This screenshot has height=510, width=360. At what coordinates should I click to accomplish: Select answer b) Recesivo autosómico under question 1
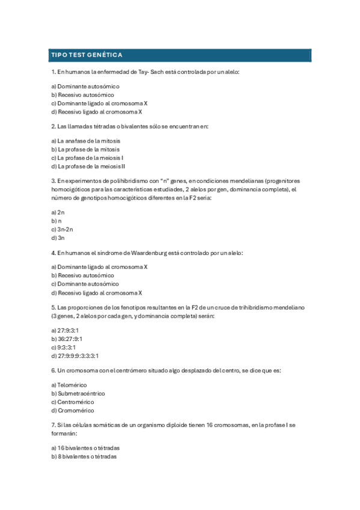tap(82, 95)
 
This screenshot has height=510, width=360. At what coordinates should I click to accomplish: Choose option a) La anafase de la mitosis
tap(85, 141)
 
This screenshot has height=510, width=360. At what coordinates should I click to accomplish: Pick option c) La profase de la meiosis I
tap(87, 158)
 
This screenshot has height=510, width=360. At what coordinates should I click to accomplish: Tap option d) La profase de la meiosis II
tap(88, 166)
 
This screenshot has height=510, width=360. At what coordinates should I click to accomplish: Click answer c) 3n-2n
tap(62, 229)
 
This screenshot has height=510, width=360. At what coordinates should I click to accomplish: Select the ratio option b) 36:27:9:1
tap(67, 339)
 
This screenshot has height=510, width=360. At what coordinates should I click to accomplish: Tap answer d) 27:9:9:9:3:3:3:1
tap(75, 355)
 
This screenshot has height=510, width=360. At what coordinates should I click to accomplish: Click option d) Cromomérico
tap(73, 410)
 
